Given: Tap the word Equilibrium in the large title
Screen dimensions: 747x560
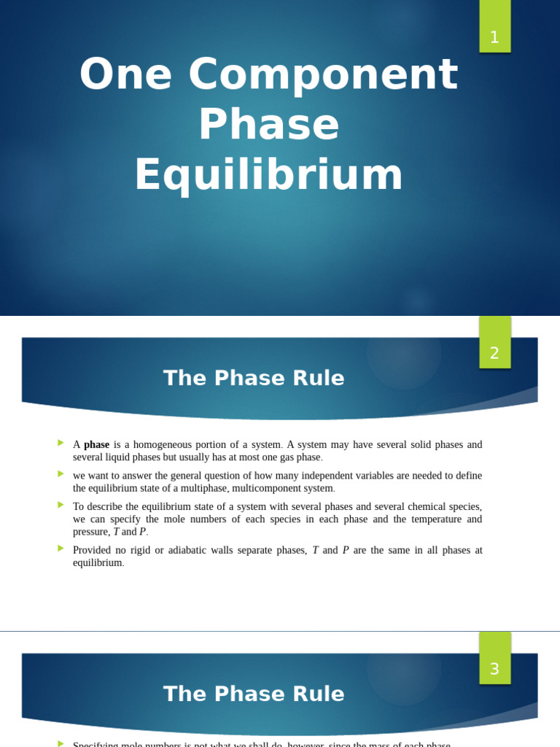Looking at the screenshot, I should pyautogui.click(x=268, y=175).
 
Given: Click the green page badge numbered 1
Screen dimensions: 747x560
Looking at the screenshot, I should pyautogui.click(x=494, y=36).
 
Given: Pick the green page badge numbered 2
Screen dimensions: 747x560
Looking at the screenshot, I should pyautogui.click(x=494, y=352).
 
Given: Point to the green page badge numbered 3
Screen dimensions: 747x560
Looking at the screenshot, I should pyautogui.click(x=494, y=668).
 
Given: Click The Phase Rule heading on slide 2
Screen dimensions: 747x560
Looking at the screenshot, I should pyautogui.click(x=254, y=378).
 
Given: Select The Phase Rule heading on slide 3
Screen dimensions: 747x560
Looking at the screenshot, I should pyautogui.click(x=254, y=694).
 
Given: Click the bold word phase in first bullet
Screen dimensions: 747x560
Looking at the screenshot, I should pyautogui.click(x=96, y=445).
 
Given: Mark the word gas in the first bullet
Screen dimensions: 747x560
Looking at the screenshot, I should pyautogui.click(x=285, y=457).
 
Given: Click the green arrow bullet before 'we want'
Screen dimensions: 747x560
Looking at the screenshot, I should pyautogui.click(x=61, y=474).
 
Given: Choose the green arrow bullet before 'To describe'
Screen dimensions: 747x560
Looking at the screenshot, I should pyautogui.click(x=61, y=505).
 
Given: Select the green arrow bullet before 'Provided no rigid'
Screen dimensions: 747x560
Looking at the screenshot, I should pyautogui.click(x=61, y=549).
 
